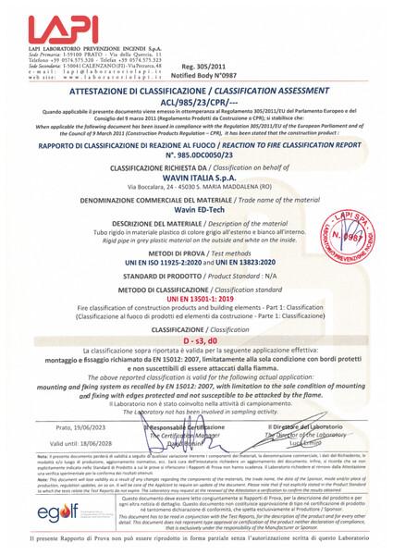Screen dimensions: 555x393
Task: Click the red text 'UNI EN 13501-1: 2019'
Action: point(196,298)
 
